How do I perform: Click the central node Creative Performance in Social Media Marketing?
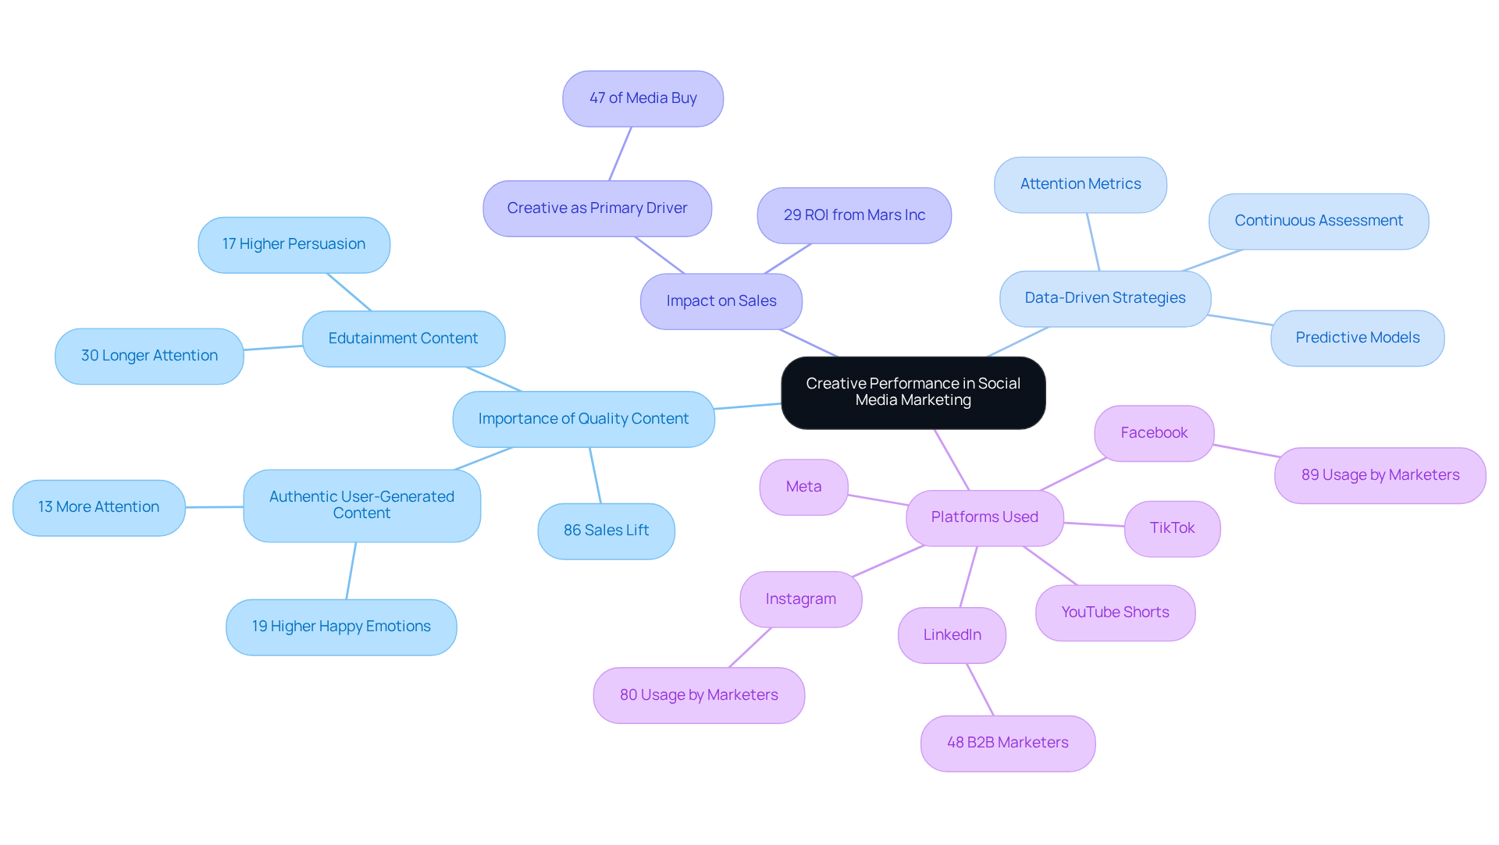click(x=913, y=392)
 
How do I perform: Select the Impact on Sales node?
click(x=721, y=301)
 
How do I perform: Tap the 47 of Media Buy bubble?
click(x=643, y=98)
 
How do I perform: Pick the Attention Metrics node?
click(x=1080, y=184)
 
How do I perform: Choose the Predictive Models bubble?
click(x=1357, y=338)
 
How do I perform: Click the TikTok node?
click(x=1172, y=528)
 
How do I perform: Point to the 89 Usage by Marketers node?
click(x=1380, y=475)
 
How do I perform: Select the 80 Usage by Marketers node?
click(x=699, y=695)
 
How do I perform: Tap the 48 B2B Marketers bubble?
click(x=1007, y=743)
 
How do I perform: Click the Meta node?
click(x=803, y=487)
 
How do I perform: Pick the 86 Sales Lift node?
click(x=606, y=531)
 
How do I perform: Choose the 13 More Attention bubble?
click(x=98, y=507)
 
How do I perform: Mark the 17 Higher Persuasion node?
click(x=294, y=244)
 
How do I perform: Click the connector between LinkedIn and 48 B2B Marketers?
click(x=981, y=690)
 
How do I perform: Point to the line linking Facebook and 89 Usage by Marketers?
click(x=1246, y=450)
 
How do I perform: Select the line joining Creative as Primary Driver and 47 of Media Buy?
click(x=620, y=154)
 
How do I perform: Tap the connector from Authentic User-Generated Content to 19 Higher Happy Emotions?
click(x=351, y=570)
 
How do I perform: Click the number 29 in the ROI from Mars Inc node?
click(x=792, y=215)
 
